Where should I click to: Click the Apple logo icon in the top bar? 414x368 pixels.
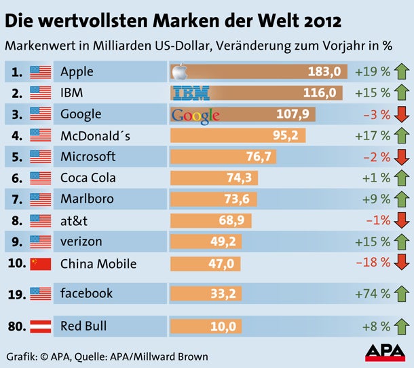(178, 71)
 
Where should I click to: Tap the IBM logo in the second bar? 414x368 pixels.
(191, 93)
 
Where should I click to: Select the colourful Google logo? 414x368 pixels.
(195, 115)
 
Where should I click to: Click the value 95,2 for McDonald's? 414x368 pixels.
(286, 135)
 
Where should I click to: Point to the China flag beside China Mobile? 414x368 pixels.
(41, 264)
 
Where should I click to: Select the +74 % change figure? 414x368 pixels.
(373, 294)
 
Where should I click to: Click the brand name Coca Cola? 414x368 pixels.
(88, 178)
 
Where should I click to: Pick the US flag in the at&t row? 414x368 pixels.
(41, 220)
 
